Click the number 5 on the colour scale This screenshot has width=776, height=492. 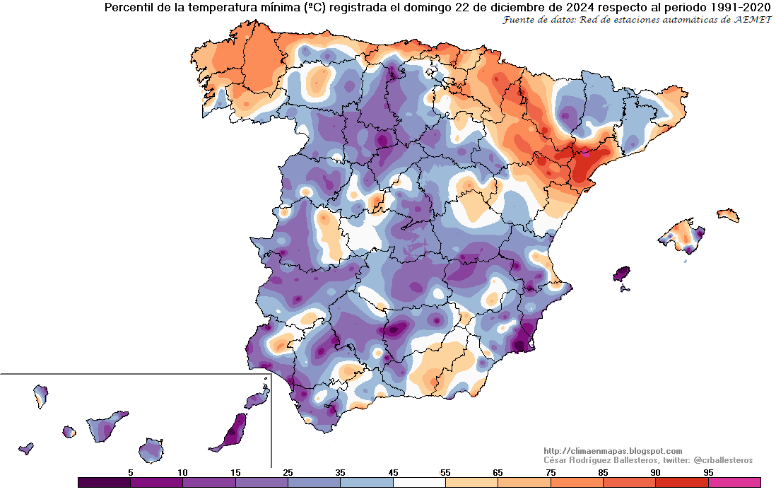pos(131,472)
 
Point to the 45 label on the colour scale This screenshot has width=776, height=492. pos(393,472)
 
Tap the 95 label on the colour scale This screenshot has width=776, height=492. pos(708,472)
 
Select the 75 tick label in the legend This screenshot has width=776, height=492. pos(551,472)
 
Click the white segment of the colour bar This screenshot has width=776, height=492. pos(419,482)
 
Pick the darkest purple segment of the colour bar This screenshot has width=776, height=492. pos(104,482)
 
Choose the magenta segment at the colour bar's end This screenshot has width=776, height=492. pos(734,482)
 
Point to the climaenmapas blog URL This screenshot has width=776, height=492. pos(613,451)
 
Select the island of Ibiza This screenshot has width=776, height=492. pos(621,274)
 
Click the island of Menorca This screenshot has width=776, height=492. pos(727,214)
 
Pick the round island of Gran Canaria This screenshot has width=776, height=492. pos(151,449)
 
